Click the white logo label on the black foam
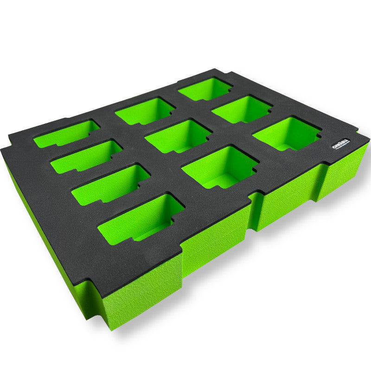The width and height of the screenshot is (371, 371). click(x=341, y=144)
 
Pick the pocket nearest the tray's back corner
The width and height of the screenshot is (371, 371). click(x=205, y=89)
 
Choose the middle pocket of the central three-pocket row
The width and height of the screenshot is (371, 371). click(x=178, y=136)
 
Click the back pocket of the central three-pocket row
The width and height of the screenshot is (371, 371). click(x=144, y=111)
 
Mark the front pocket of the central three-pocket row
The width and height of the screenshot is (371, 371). click(x=219, y=166)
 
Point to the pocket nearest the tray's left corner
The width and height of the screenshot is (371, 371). click(x=66, y=134)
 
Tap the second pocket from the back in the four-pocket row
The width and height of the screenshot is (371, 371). click(x=86, y=156)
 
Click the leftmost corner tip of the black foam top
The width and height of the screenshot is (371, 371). click(x=2, y=150)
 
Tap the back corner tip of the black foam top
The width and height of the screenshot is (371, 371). click(x=216, y=69)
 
